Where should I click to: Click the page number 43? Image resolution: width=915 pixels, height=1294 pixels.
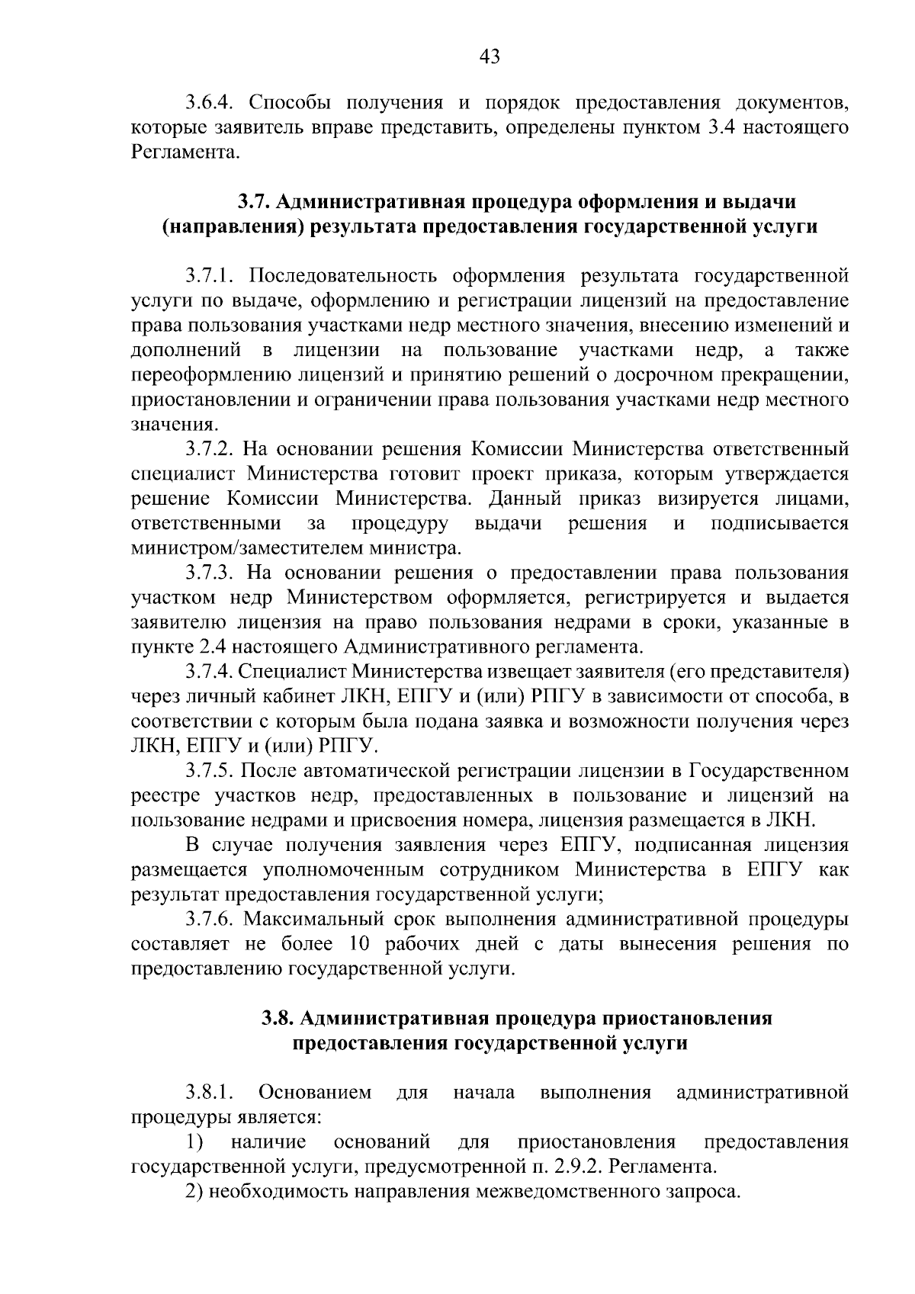tap(490, 56)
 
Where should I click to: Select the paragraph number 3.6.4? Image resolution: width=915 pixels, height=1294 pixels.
tap(213, 102)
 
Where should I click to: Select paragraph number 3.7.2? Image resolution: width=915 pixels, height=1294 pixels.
tap(213, 448)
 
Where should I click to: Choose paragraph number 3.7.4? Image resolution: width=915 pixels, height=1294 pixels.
tap(210, 672)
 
